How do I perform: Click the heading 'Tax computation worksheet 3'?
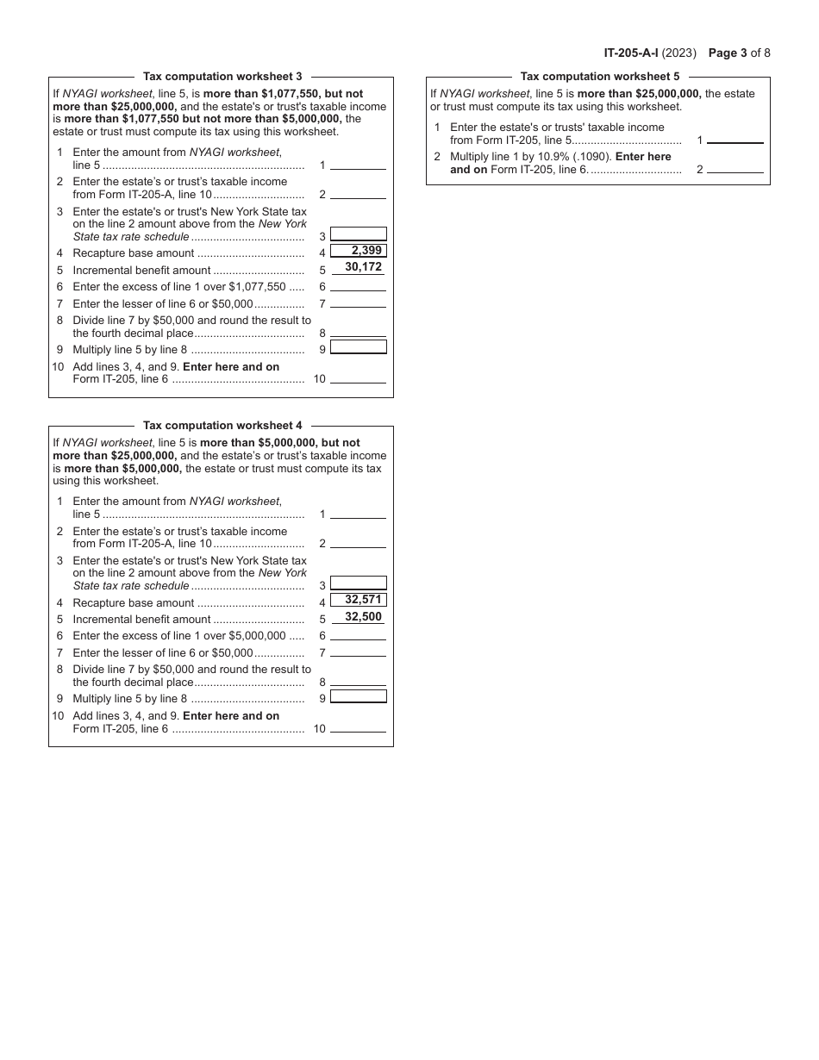click(x=222, y=77)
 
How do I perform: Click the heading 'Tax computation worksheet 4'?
click(x=222, y=426)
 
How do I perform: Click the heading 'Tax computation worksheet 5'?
click(x=599, y=77)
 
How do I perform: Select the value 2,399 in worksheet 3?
click(x=359, y=251)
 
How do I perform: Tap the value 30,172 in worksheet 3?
click(x=363, y=267)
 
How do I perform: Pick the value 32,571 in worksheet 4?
click(x=359, y=600)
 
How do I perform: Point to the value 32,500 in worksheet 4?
click(x=363, y=617)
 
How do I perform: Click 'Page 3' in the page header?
click(x=728, y=53)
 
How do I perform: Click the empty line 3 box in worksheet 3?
click(x=359, y=234)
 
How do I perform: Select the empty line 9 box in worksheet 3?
click(x=359, y=347)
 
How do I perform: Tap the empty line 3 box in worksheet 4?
click(x=359, y=583)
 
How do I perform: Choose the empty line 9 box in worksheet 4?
click(x=359, y=696)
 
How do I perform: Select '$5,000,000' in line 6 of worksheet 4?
click(x=257, y=636)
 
